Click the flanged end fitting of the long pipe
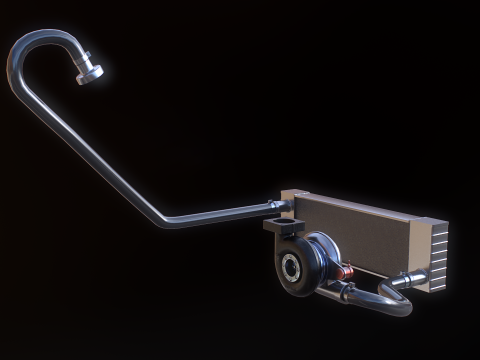(x=91, y=72)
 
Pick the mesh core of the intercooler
(x=360, y=235)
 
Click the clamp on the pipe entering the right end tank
(x=405, y=281)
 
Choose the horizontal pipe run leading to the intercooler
(x=220, y=214)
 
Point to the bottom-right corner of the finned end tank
(x=437, y=289)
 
